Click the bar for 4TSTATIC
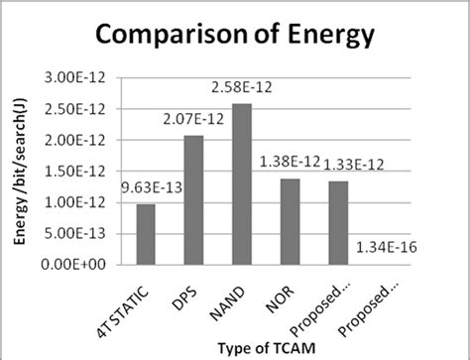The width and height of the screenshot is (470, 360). pyautogui.click(x=145, y=235)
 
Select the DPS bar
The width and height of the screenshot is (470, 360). pyautogui.click(x=194, y=200)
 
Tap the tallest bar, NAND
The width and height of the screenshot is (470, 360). pyautogui.click(x=243, y=184)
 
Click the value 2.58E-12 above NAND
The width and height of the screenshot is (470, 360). pyautogui.click(x=243, y=91)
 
